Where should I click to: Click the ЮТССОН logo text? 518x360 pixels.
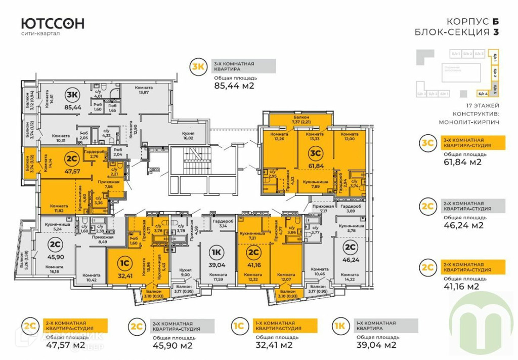[x=53, y=23]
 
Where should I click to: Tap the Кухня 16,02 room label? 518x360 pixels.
[x=188, y=135]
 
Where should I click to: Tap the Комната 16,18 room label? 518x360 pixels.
[x=55, y=269]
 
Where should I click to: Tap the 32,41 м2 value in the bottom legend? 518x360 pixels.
[x=274, y=346]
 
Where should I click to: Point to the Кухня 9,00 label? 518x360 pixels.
[x=187, y=273]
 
